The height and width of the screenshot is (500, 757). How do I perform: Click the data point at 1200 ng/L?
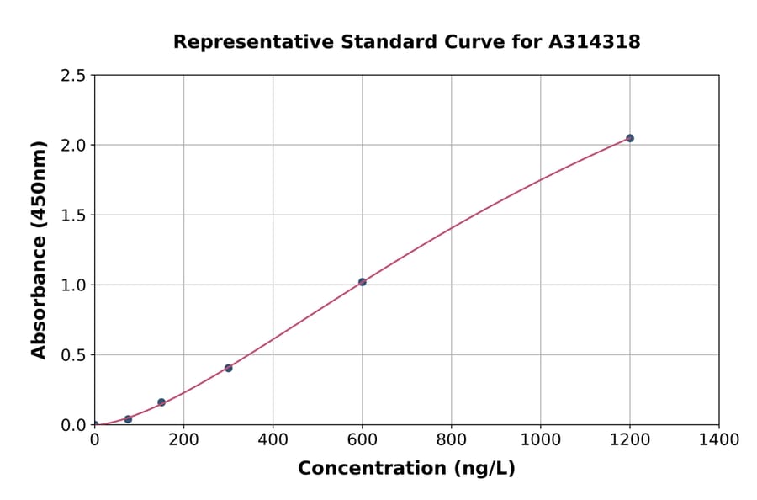[x=630, y=138]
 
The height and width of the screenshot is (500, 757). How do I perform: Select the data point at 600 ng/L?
[x=363, y=282]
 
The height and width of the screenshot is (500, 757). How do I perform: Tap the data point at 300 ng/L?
[x=229, y=368]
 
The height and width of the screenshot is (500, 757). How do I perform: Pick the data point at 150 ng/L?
[x=161, y=402]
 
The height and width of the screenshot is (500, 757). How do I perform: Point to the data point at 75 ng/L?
[x=128, y=419]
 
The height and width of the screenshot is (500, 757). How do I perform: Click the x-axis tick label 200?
[x=183, y=439]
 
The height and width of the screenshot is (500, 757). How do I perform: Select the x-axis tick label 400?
[x=273, y=439]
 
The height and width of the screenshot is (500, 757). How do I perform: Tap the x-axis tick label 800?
[x=452, y=439]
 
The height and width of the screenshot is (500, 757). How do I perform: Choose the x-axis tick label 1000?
[x=541, y=439]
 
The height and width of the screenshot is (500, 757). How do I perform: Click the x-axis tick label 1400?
[x=719, y=439]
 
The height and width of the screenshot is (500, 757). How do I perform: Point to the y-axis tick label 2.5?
[x=73, y=76]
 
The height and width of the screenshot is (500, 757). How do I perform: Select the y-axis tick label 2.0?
[x=73, y=146]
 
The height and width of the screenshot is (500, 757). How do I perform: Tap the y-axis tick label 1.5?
[x=73, y=215]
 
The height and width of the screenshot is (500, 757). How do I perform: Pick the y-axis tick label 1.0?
[x=73, y=285]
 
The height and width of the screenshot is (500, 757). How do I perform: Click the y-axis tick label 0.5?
[x=73, y=355]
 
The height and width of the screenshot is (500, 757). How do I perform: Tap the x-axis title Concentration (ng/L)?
[x=406, y=468]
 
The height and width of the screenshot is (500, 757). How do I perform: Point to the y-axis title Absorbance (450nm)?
[x=39, y=250]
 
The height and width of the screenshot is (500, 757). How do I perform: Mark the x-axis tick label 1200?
[x=630, y=439]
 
